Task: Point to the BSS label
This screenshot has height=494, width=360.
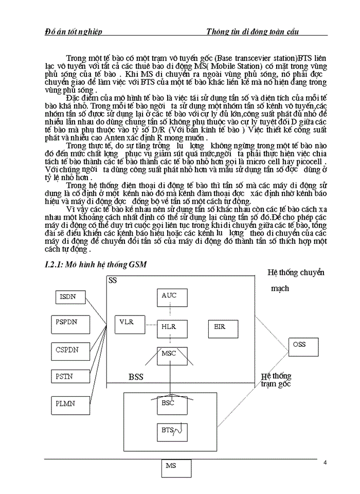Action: coord(136,378)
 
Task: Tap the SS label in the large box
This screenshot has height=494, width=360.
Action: coord(113,281)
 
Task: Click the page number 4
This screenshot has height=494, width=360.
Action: coord(325,463)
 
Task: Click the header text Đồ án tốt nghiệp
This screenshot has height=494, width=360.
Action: coord(74,32)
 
